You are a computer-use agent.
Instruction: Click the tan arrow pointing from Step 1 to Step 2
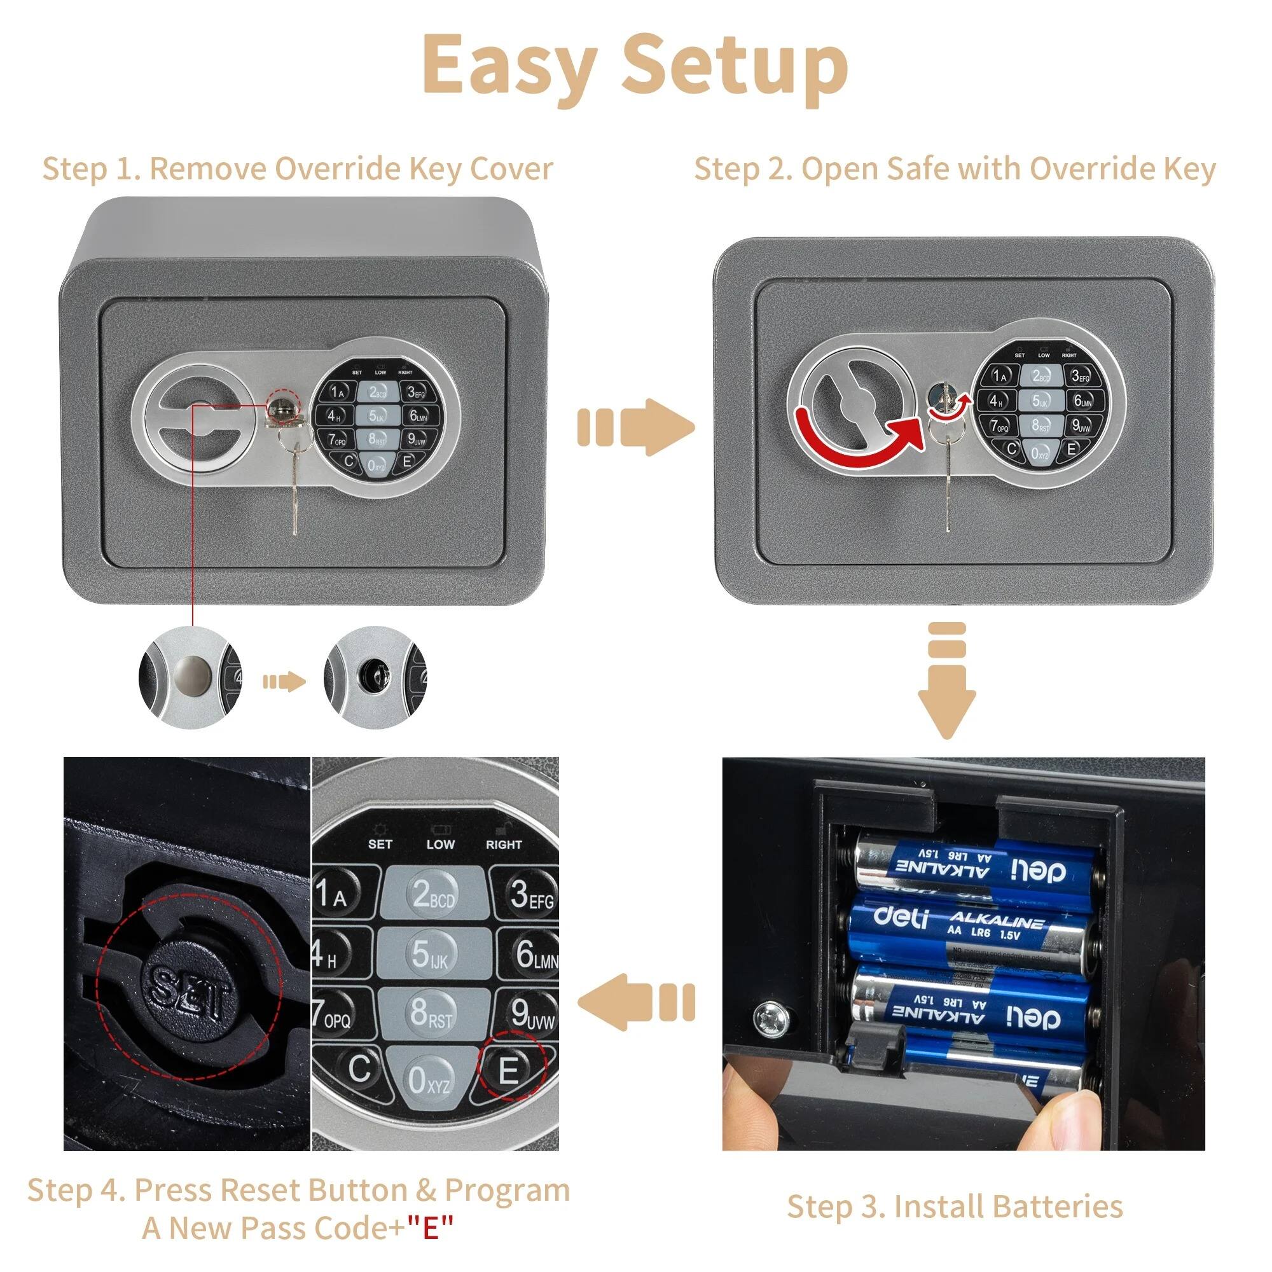pyautogui.click(x=635, y=427)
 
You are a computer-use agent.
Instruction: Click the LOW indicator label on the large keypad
pyautogui.click(x=440, y=845)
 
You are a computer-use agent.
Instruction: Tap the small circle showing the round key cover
pyautogui.click(x=190, y=677)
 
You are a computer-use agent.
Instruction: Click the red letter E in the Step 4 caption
pyautogui.click(x=430, y=1227)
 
